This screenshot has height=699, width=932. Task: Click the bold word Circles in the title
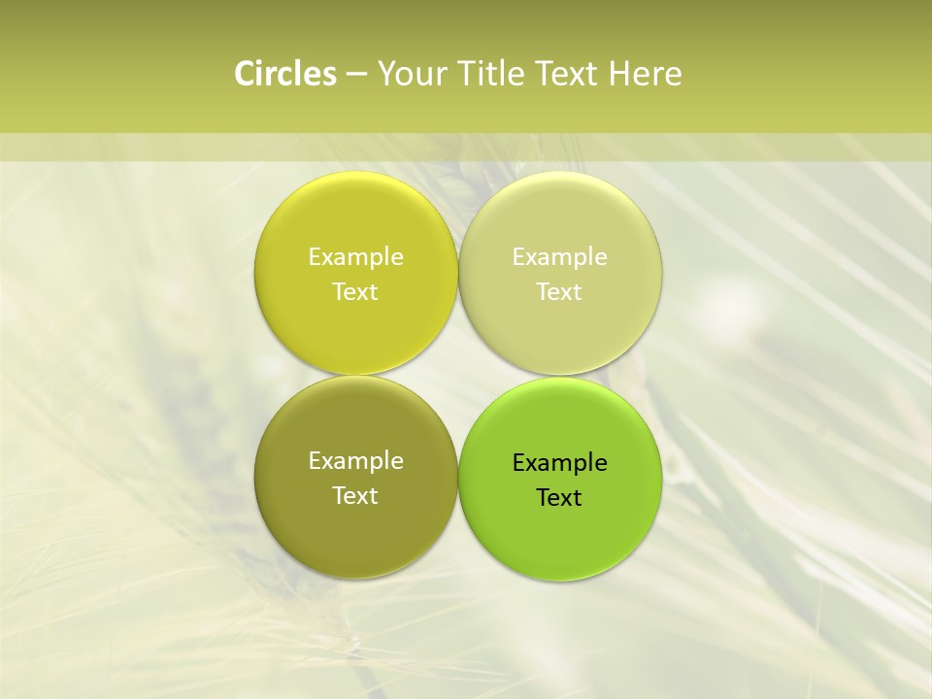(285, 74)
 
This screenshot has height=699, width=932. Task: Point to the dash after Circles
(356, 75)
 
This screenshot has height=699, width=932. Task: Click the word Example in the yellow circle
(355, 256)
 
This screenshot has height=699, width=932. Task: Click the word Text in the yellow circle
(355, 291)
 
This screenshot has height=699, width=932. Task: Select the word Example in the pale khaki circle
(559, 256)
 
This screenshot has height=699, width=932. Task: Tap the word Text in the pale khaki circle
(559, 291)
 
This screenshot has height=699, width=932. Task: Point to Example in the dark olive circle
(355, 460)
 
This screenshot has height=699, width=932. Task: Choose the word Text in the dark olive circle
(355, 495)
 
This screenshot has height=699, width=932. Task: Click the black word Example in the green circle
(559, 462)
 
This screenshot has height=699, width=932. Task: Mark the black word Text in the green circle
(559, 497)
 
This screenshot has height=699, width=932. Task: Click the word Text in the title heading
(567, 74)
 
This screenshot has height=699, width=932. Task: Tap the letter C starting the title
(246, 74)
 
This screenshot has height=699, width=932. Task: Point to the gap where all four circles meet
(458, 376)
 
